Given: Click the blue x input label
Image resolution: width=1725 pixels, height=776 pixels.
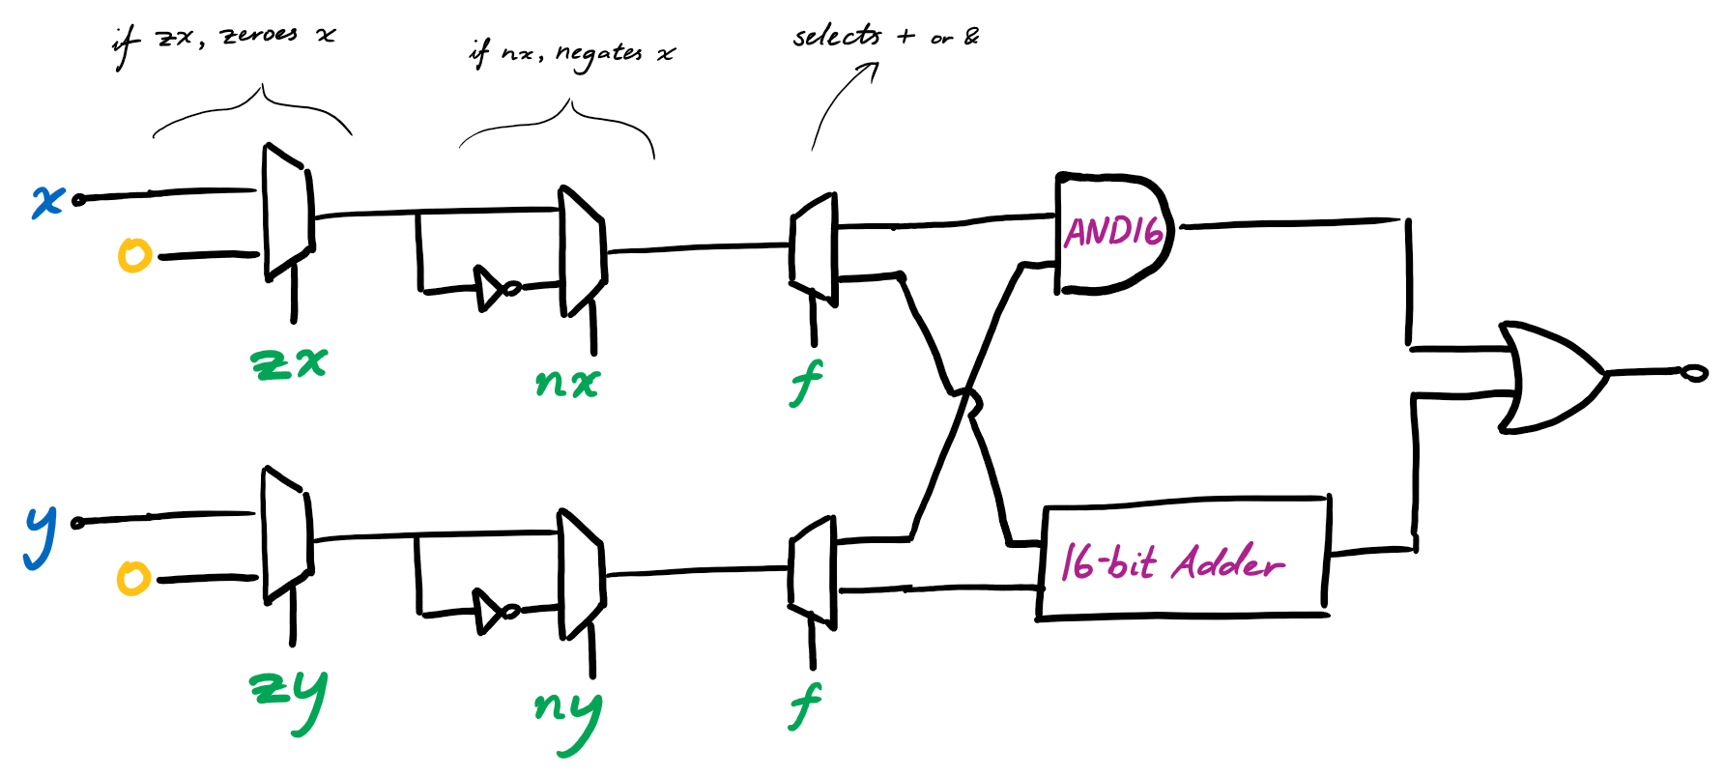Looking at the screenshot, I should coord(47,201).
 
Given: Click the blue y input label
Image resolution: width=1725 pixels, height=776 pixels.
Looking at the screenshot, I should coord(40,536).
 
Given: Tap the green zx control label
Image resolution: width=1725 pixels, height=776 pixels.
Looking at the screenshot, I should coord(289,363).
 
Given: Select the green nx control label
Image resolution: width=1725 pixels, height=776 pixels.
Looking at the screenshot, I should coord(567,384).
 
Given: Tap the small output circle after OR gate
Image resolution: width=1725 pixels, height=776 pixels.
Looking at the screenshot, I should coord(1694,373).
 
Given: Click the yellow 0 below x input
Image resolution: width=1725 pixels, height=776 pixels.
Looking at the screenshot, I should coord(134,256).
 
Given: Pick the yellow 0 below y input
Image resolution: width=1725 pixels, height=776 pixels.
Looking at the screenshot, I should coord(133,579).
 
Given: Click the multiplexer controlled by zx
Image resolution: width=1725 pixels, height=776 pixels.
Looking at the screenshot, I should coord(288,213).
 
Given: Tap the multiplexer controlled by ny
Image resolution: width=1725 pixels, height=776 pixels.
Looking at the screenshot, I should coord(582,575).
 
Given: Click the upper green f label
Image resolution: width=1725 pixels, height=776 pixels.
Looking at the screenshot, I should coord(805,383).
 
